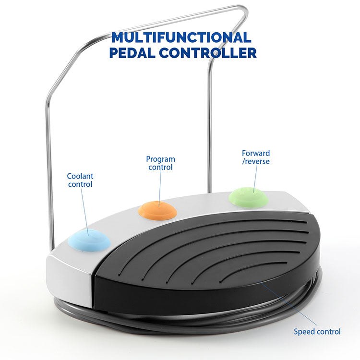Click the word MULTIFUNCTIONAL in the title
182,37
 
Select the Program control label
160,163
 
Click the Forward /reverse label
255,157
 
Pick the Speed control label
317,332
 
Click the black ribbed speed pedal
206,259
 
